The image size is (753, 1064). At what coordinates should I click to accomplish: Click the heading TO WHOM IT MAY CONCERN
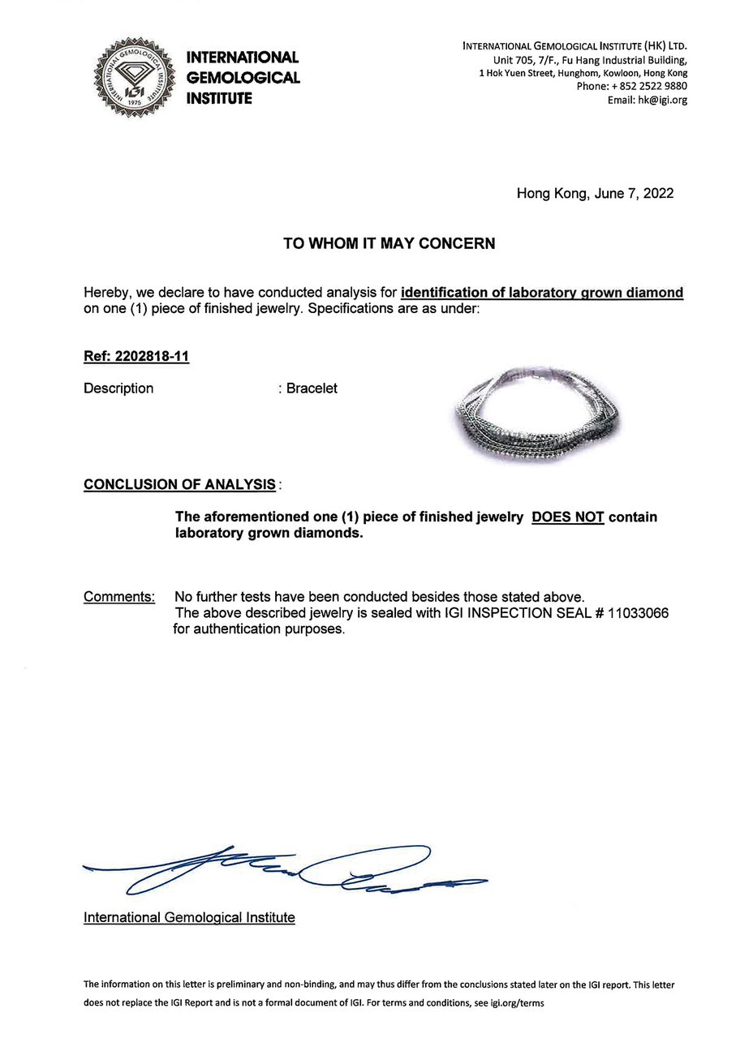tap(389, 243)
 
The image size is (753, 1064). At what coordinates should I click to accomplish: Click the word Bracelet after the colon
tap(312, 388)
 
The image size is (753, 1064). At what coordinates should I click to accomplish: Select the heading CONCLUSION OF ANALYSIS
tap(179, 485)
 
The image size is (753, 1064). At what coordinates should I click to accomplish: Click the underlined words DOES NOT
tap(567, 517)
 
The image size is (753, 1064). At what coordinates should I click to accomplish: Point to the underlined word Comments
tap(119, 598)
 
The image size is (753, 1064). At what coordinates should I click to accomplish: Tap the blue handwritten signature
tap(284, 872)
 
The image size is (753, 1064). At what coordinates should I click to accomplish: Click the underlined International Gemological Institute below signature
tap(189, 918)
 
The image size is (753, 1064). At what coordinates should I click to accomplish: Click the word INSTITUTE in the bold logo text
tap(219, 99)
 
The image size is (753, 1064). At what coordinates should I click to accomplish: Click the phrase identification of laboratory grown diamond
tap(542, 293)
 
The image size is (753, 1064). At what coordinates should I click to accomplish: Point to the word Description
tap(118, 388)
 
